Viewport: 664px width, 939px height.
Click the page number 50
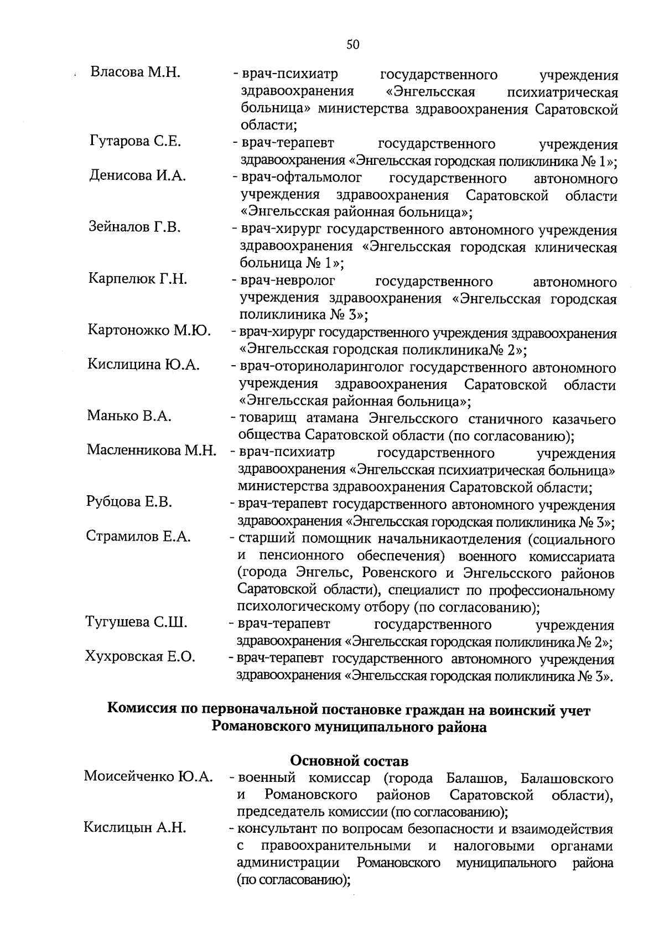click(352, 45)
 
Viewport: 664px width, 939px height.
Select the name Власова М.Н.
click(136, 72)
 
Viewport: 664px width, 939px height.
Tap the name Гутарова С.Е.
click(135, 141)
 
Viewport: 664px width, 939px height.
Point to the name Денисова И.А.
click(137, 175)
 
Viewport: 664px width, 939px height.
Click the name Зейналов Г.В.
click(135, 227)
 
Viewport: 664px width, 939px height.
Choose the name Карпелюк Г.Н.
click(137, 278)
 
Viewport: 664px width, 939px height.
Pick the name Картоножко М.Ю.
click(149, 330)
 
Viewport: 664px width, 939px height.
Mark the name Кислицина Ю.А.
click(143, 365)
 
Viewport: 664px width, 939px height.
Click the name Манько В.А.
click(129, 416)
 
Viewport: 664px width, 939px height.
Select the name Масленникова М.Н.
click(151, 450)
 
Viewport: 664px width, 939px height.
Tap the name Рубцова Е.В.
click(129, 502)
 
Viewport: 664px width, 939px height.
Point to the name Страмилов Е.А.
click(138, 536)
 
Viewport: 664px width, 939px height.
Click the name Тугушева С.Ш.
click(136, 622)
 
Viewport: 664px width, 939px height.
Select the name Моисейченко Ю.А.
click(148, 776)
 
